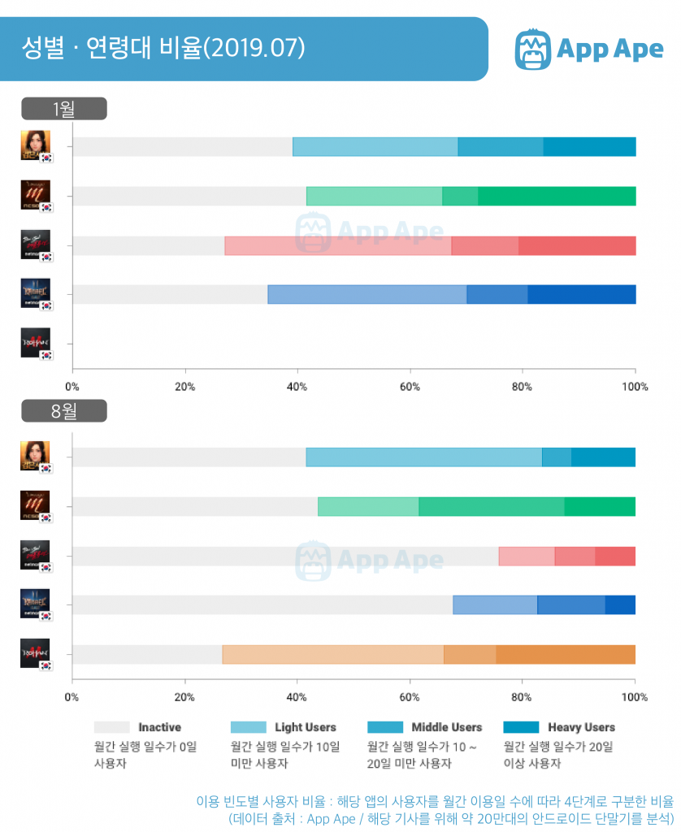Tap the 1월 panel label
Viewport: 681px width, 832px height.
(64, 109)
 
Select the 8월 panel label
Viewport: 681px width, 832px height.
(64, 411)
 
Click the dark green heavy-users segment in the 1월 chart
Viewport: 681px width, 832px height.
(557, 196)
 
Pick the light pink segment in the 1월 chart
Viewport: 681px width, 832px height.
(337, 245)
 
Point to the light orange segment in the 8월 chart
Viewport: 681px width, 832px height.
(332, 654)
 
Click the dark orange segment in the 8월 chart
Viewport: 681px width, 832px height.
(566, 654)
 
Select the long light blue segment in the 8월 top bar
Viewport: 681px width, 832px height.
(423, 457)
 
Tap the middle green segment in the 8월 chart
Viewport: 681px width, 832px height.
(491, 506)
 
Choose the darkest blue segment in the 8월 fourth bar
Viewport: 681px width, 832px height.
(620, 604)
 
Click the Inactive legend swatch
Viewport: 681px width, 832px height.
(111, 727)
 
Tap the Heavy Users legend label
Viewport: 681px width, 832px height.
(581, 727)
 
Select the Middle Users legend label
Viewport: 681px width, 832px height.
(446, 727)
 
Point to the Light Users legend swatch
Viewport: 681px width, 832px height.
(248, 727)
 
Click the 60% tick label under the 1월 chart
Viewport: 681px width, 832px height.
(410, 387)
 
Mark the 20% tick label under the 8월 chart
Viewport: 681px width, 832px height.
(184, 697)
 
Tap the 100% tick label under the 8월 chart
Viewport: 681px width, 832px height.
(634, 697)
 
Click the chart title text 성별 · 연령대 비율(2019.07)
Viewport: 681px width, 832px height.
(163, 48)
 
